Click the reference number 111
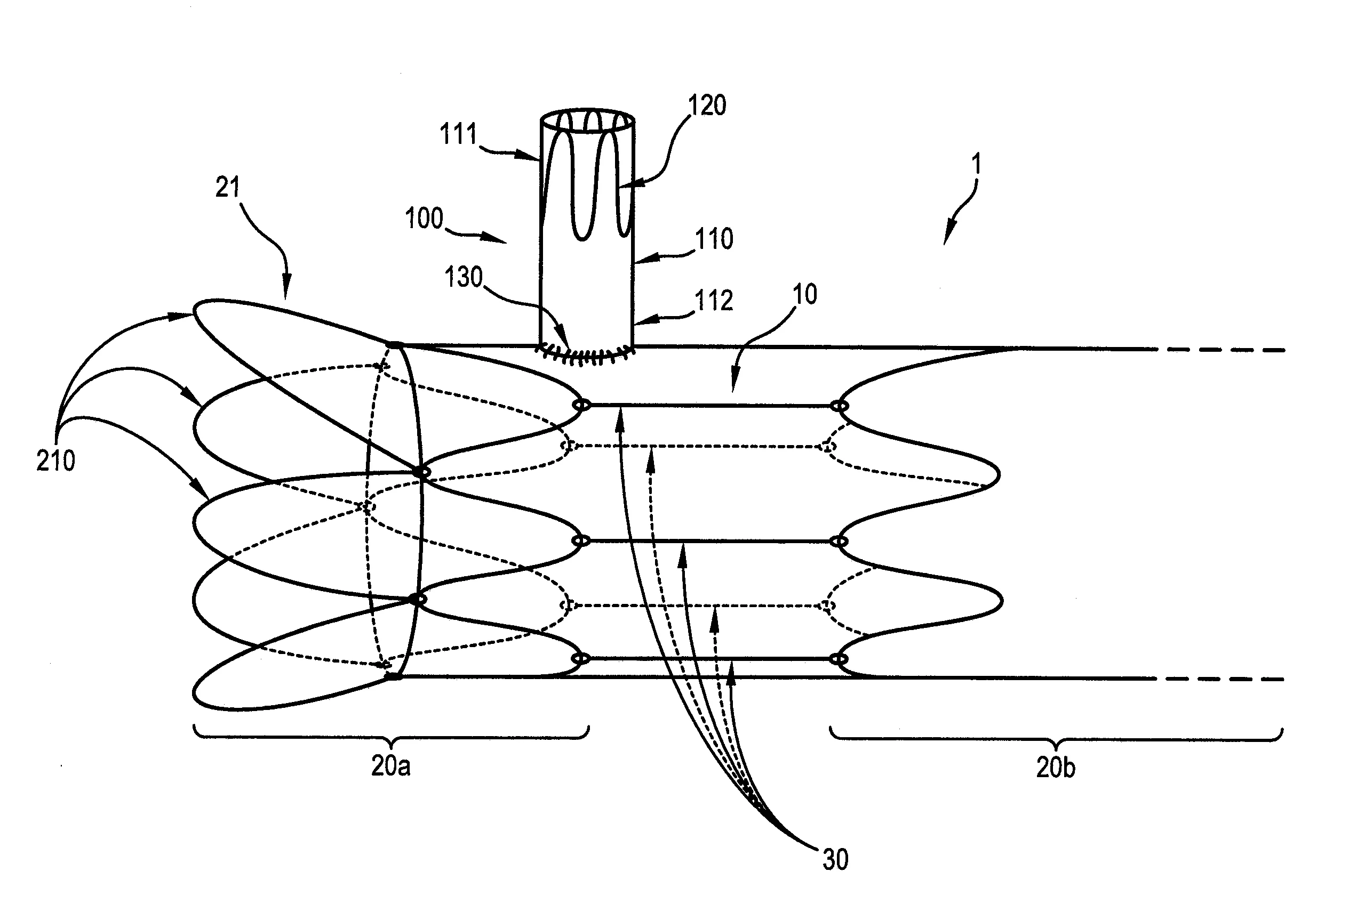458,134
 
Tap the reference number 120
707,106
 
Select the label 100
424,219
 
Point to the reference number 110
714,238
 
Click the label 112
714,301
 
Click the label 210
55,461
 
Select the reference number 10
805,294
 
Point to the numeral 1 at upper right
977,164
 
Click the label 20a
390,766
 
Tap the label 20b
1056,767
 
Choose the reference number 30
835,859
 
